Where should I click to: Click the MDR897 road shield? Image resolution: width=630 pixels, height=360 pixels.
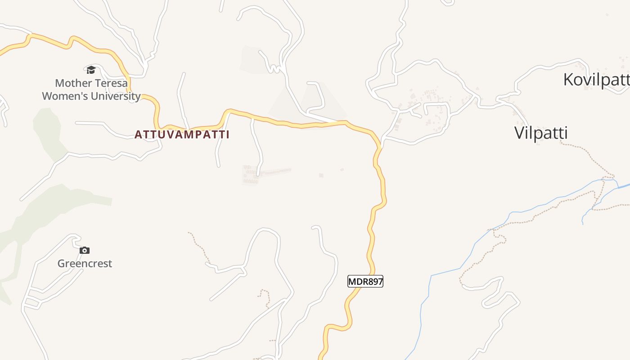tap(365, 282)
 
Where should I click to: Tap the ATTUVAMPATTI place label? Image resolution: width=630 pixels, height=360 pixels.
tap(182, 135)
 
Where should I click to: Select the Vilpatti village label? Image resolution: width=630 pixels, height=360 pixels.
tap(541, 133)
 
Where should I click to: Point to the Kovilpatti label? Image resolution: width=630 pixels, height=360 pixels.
tap(596, 80)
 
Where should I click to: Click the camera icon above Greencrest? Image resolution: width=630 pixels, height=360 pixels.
tap(85, 251)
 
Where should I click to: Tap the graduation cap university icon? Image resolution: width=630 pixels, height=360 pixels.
tap(91, 70)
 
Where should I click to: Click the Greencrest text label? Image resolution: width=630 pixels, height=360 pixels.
tap(85, 264)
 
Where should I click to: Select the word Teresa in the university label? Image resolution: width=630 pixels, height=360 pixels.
tap(111, 83)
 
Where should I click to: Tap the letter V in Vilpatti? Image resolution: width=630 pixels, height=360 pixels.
tap(519, 133)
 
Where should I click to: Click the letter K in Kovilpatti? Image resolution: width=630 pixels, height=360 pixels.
tap(569, 80)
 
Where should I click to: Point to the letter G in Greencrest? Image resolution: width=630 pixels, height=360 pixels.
tap(61, 264)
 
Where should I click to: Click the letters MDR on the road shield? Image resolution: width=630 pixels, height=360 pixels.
tap(357, 282)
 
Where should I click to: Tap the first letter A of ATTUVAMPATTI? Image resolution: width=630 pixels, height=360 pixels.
tap(138, 135)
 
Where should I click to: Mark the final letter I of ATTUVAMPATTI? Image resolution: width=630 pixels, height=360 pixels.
tap(227, 135)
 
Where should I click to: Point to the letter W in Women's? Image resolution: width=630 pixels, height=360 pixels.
tap(47, 96)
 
